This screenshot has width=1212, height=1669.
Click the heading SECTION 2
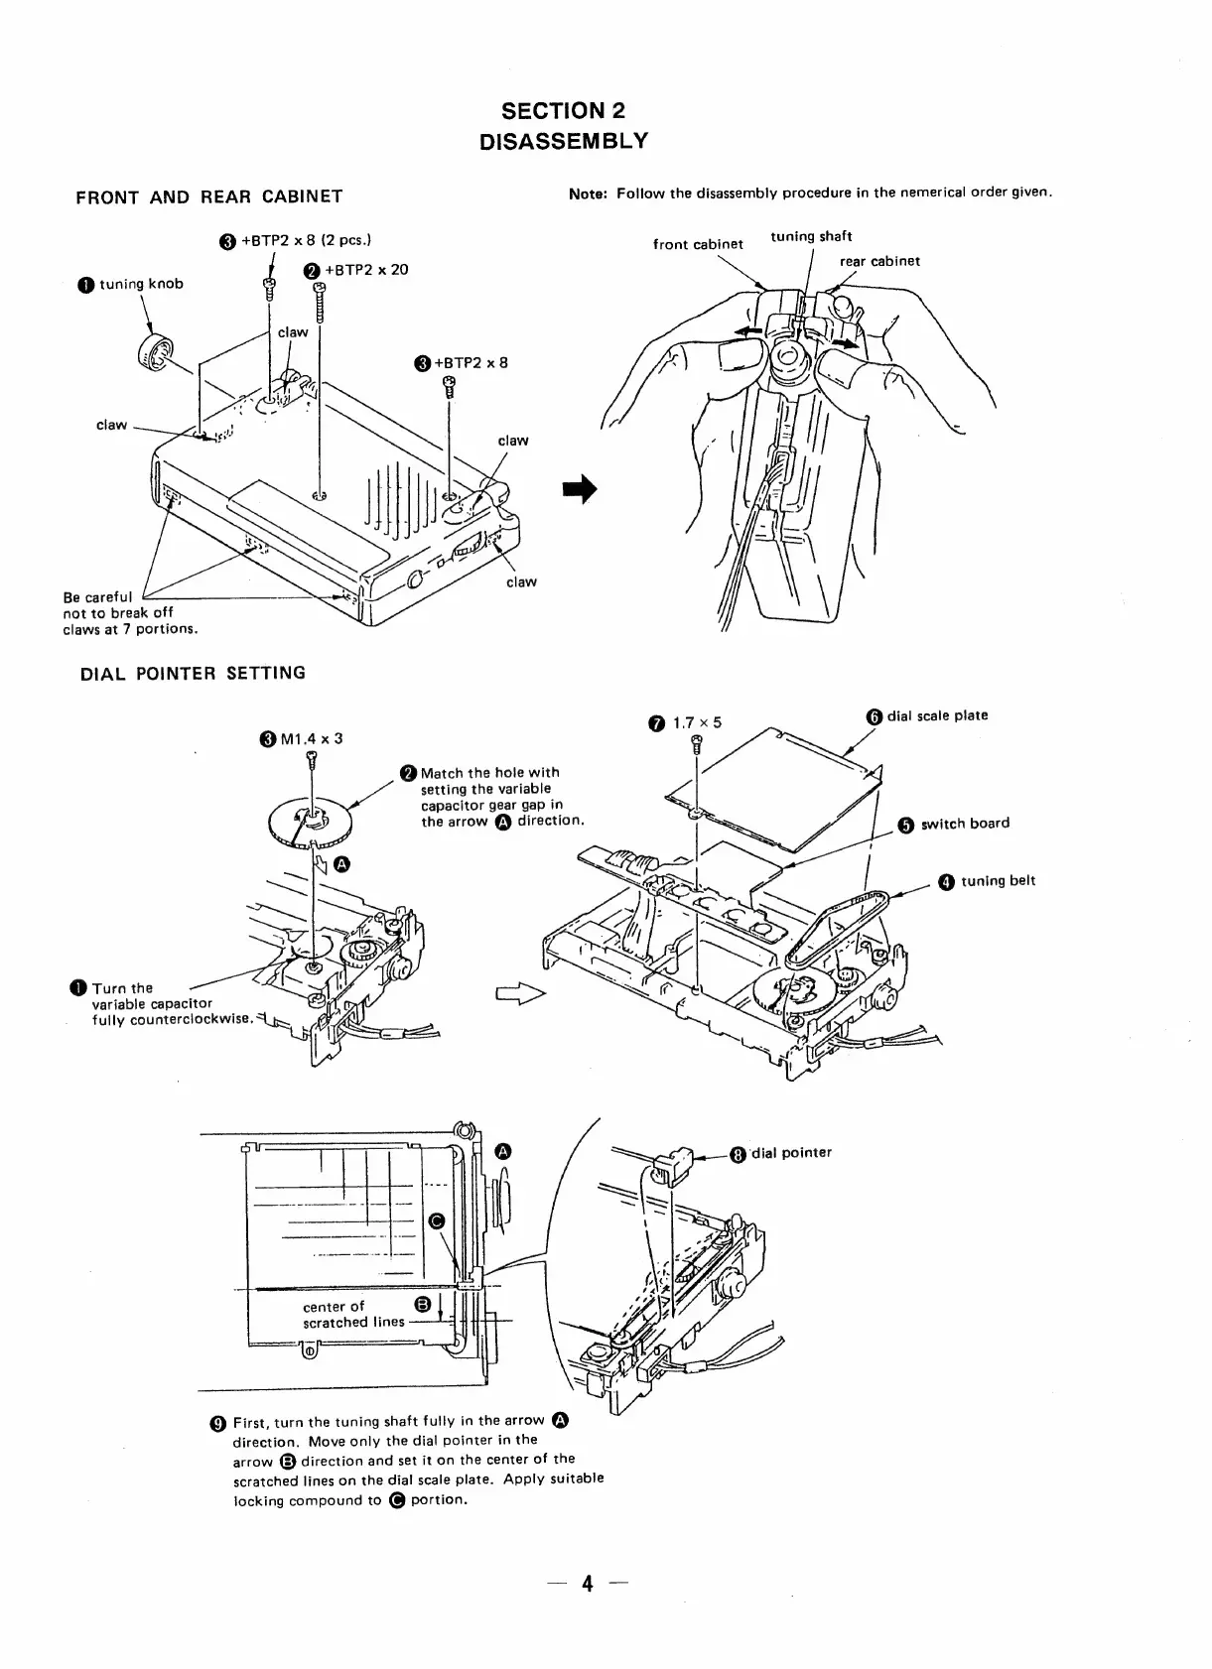pos(563,110)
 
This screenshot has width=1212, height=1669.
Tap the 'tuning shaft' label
pos(810,236)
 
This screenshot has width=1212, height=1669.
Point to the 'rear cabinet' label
pos(879,261)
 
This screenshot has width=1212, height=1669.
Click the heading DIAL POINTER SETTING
pos(193,673)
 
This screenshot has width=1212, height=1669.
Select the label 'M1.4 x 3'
pos(310,738)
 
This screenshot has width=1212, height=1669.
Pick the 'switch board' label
pos(964,824)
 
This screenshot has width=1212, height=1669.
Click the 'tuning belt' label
pos(997,881)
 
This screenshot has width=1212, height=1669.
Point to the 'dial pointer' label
pos(791,1153)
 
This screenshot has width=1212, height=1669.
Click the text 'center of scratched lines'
pos(352,1314)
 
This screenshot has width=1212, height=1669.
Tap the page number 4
pos(588,1585)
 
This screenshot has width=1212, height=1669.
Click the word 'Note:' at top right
pos(588,193)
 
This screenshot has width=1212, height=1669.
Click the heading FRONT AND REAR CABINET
pos(208,196)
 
